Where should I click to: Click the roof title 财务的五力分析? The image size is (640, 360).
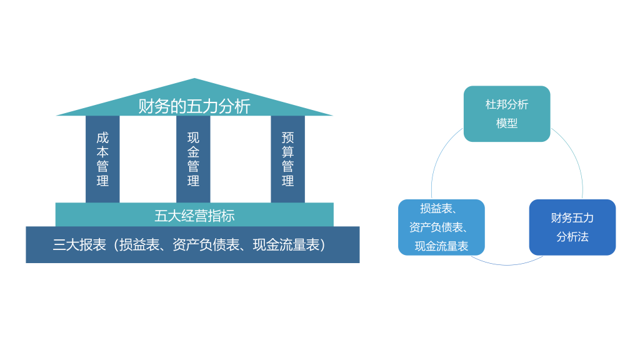[x=194, y=106]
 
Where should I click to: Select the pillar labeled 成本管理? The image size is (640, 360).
[x=102, y=159]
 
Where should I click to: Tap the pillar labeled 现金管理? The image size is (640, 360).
[x=193, y=159]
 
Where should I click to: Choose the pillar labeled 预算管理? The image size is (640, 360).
[x=287, y=159]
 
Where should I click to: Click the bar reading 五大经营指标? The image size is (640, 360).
[x=194, y=216]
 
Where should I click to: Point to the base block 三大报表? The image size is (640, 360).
[x=192, y=245]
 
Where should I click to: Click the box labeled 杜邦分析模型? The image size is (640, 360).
[x=507, y=114]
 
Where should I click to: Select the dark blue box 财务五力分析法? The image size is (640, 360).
[x=572, y=227]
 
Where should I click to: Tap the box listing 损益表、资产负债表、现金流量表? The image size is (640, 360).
[x=441, y=227]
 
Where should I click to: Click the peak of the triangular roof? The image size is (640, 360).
[x=194, y=80]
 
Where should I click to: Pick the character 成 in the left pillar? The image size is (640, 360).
[x=102, y=137]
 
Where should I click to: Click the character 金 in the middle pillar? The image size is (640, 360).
[x=193, y=152]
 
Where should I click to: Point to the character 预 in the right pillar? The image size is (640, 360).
[x=287, y=137]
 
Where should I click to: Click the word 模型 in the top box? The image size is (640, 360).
[x=507, y=124]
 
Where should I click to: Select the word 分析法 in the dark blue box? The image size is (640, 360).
[x=572, y=237]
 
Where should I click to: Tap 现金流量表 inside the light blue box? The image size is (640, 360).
[x=441, y=246]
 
